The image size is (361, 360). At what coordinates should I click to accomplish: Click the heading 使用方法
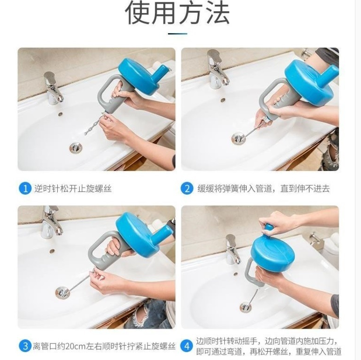pyautogui.click(x=178, y=13)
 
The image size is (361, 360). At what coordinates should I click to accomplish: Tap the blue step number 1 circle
pyautogui.click(x=25, y=189)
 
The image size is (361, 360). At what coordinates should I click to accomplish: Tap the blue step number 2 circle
pyautogui.click(x=187, y=189)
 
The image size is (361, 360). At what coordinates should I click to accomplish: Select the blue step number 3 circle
pyautogui.click(x=25, y=346)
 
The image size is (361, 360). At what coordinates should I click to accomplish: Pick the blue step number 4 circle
pyautogui.click(x=187, y=346)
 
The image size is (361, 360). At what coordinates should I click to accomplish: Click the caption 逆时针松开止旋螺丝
pyautogui.click(x=73, y=189)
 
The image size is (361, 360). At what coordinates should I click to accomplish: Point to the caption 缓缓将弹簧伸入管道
pyautogui.click(x=236, y=189)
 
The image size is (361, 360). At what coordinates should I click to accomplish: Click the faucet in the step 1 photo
pyautogui.click(x=53, y=87)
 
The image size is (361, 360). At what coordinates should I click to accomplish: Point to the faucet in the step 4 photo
pyautogui.click(x=233, y=249)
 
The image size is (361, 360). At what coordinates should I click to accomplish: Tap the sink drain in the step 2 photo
pyautogui.click(x=238, y=139)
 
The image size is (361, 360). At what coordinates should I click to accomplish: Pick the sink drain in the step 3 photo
pyautogui.click(x=62, y=292)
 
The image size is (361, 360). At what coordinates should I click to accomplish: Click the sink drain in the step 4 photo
pyautogui.click(x=245, y=307)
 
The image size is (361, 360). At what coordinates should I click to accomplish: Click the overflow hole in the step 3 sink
pyautogui.click(x=52, y=250)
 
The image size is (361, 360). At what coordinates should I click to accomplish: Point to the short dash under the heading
pyautogui.click(x=177, y=34)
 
